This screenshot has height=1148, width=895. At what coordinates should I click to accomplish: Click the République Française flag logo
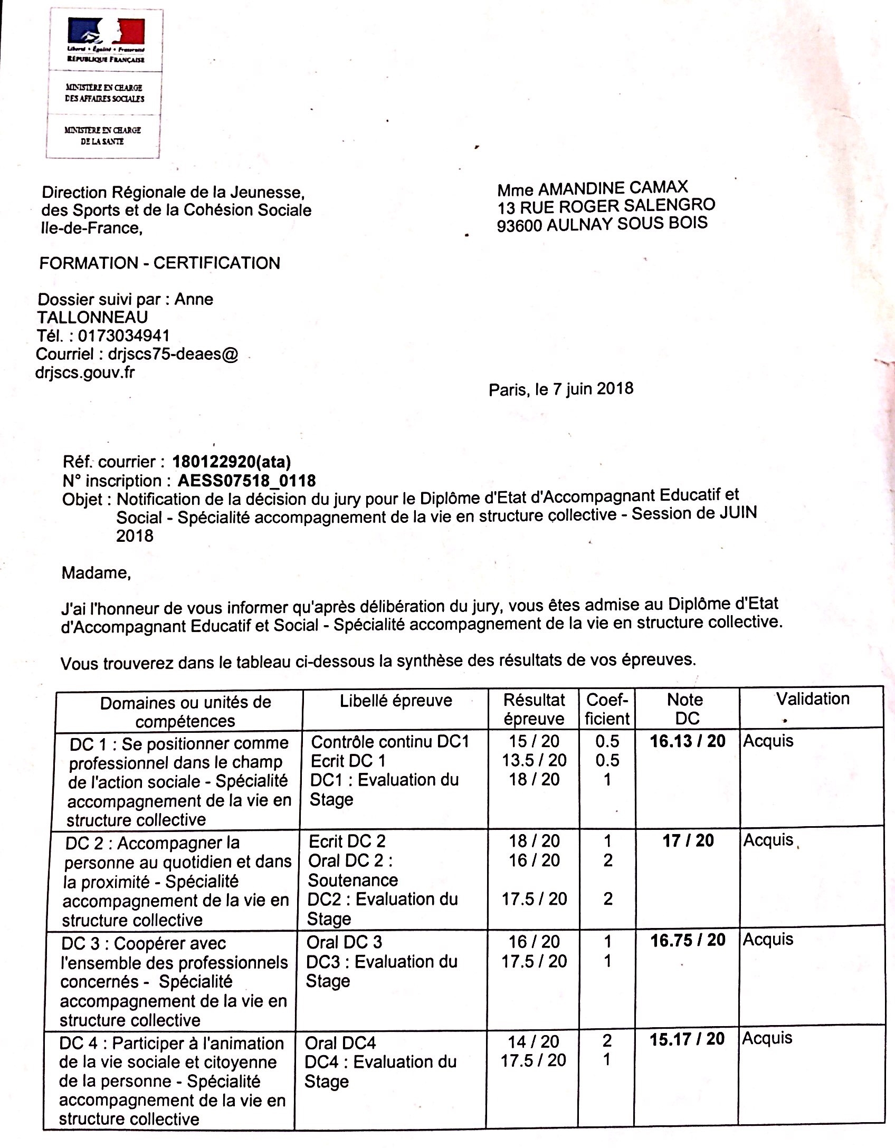click(x=106, y=33)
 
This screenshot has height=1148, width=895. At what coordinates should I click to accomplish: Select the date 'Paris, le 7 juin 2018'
click(x=560, y=389)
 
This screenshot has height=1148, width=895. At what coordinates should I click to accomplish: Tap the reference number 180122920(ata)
click(x=232, y=462)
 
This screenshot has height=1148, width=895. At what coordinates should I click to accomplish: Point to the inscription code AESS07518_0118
click(x=246, y=481)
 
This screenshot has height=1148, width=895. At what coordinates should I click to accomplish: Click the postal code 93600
click(x=519, y=226)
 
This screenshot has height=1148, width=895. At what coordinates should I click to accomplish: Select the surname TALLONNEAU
click(x=92, y=318)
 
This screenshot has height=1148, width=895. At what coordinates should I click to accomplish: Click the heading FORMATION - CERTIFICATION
click(x=159, y=263)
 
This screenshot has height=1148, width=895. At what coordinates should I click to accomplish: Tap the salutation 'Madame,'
click(x=96, y=572)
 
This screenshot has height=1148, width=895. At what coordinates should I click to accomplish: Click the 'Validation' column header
click(x=812, y=699)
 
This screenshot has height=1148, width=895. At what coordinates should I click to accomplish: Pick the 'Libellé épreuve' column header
click(x=396, y=701)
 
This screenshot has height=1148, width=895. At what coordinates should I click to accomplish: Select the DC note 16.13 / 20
click(x=688, y=741)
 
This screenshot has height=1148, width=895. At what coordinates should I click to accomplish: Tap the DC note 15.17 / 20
click(x=687, y=1039)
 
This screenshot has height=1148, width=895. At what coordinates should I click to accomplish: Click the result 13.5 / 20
click(x=534, y=760)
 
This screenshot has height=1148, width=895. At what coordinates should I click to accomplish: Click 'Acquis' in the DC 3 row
click(x=768, y=940)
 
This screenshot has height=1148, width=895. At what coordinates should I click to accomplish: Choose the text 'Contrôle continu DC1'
click(x=390, y=742)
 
